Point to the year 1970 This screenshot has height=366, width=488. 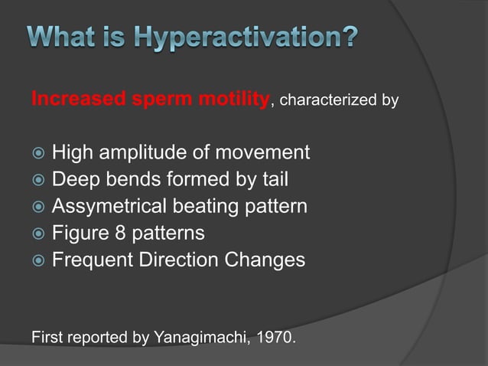pyautogui.click(x=275, y=336)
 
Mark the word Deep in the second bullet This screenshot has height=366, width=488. pyautogui.click(x=73, y=180)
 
